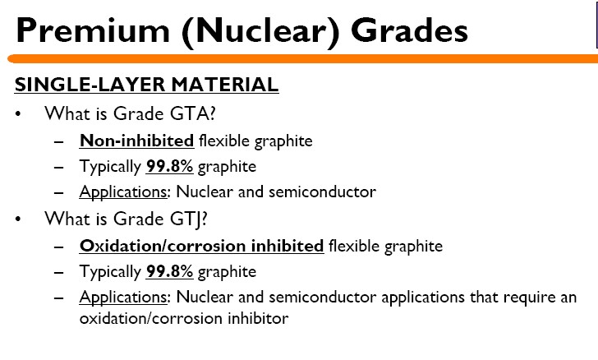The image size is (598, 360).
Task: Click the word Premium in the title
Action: [93, 30]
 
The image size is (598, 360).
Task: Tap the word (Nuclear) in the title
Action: [260, 32]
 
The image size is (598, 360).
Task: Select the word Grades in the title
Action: [409, 30]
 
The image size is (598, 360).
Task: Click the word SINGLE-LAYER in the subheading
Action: [90, 85]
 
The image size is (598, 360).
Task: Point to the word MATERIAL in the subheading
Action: [225, 85]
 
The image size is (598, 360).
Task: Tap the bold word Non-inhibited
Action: [136, 141]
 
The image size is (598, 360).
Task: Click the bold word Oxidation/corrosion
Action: [163, 246]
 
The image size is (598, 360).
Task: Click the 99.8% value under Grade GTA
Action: [169, 167]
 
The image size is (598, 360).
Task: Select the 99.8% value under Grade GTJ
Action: [169, 271]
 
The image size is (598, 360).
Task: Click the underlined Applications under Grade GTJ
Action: [123, 298]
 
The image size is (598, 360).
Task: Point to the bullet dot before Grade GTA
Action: [18, 114]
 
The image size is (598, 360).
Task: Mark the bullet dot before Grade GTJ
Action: [18, 219]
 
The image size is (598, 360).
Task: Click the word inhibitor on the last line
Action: [258, 318]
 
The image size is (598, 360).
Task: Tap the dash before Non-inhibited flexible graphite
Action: [59, 142]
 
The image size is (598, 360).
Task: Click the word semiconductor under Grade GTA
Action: [322, 192]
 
